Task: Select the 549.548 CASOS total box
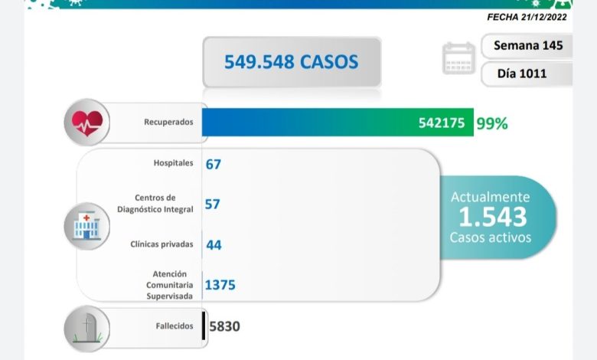[x=291, y=61]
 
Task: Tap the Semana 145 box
[x=527, y=45]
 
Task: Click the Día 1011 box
[x=527, y=74]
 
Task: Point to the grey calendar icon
[x=458, y=59]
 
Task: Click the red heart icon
[x=86, y=122]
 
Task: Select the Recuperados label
[x=168, y=122]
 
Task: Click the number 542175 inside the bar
[x=442, y=123]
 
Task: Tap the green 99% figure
[x=491, y=123]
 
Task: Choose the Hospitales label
[x=173, y=163]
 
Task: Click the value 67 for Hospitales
[x=214, y=163]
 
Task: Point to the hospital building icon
[x=86, y=224]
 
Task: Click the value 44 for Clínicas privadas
[x=214, y=244]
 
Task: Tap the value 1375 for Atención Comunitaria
[x=220, y=285]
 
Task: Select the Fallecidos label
[x=173, y=326]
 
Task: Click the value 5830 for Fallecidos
[x=224, y=326]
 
